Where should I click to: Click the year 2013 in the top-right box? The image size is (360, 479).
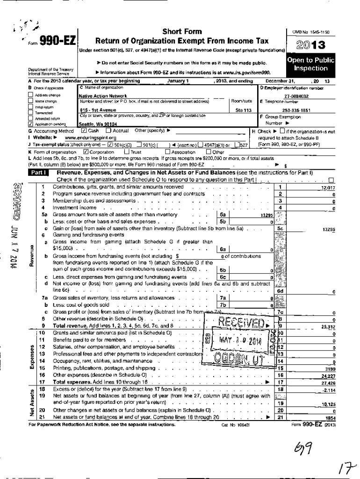(x=310, y=46)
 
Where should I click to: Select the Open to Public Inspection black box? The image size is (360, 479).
(x=310, y=65)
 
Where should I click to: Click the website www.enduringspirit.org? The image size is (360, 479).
(x=90, y=138)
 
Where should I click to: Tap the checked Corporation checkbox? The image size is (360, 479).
(x=86, y=152)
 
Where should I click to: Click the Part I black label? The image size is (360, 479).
(x=39, y=173)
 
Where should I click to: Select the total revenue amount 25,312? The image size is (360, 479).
(x=328, y=327)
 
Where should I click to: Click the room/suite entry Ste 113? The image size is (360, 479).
(x=244, y=110)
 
